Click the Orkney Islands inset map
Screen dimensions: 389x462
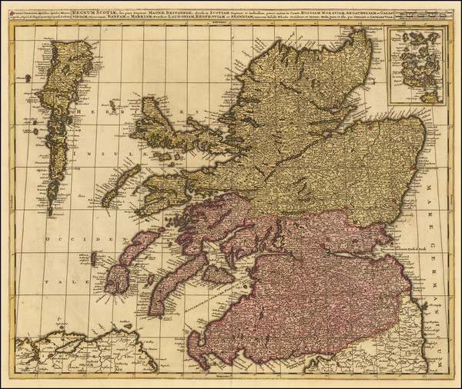click(416, 65)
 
